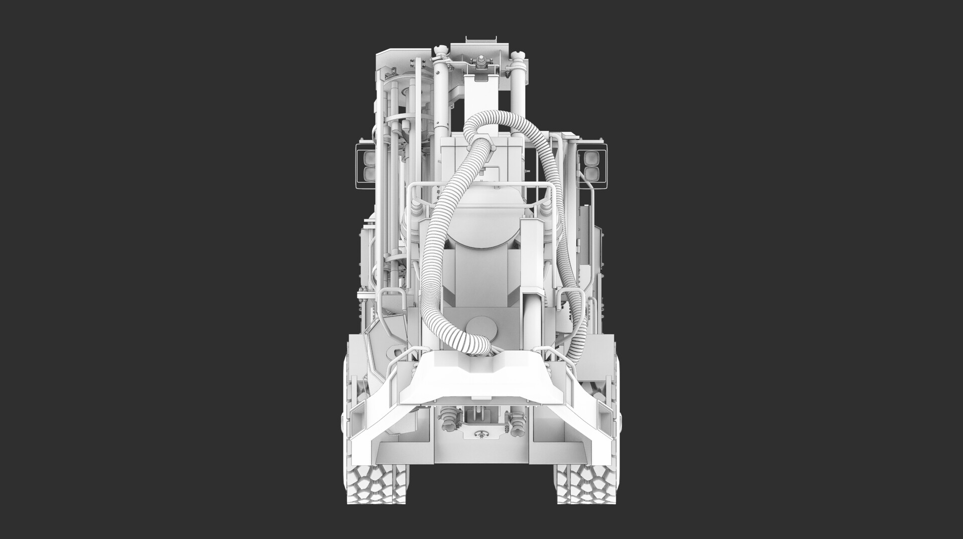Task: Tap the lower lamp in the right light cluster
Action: pos(590,174)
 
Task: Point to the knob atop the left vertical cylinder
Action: pos(440,51)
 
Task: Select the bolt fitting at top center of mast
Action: pos(480,63)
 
